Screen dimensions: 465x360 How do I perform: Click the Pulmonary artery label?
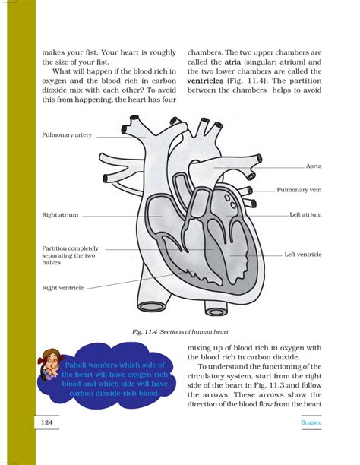67,134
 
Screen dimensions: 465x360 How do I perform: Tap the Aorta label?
314,166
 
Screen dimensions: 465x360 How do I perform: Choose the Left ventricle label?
303,254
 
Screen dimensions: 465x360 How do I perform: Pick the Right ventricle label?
62,288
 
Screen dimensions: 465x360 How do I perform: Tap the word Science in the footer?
311,422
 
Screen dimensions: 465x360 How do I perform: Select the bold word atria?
233,61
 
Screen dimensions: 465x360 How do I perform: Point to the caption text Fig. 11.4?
148,331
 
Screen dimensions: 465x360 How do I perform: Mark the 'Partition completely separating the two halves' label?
69,255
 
